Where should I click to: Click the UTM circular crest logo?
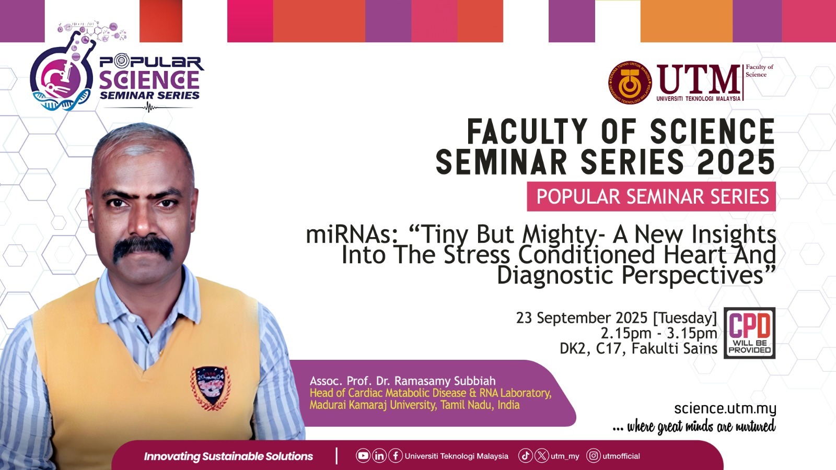pyautogui.click(x=630, y=83)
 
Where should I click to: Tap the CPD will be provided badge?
pyautogui.click(x=749, y=333)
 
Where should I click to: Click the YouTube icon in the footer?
pyautogui.click(x=363, y=456)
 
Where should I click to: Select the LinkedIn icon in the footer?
pyautogui.click(x=379, y=456)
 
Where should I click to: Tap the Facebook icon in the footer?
pyautogui.click(x=396, y=456)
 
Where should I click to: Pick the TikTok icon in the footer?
pyautogui.click(x=526, y=456)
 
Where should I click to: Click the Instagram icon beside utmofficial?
pyautogui.click(x=594, y=456)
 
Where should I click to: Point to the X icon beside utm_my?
pyautogui.click(x=542, y=456)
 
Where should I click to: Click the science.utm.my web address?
pyautogui.click(x=725, y=409)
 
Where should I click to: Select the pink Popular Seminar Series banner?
pyautogui.click(x=651, y=196)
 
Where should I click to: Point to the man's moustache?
pyautogui.click(x=143, y=248)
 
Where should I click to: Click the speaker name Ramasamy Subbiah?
pyautogui.click(x=445, y=381)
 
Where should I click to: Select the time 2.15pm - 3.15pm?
pyautogui.click(x=659, y=333)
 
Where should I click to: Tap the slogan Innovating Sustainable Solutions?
pyautogui.click(x=228, y=456)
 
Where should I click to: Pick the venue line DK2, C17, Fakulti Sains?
pyautogui.click(x=638, y=348)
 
